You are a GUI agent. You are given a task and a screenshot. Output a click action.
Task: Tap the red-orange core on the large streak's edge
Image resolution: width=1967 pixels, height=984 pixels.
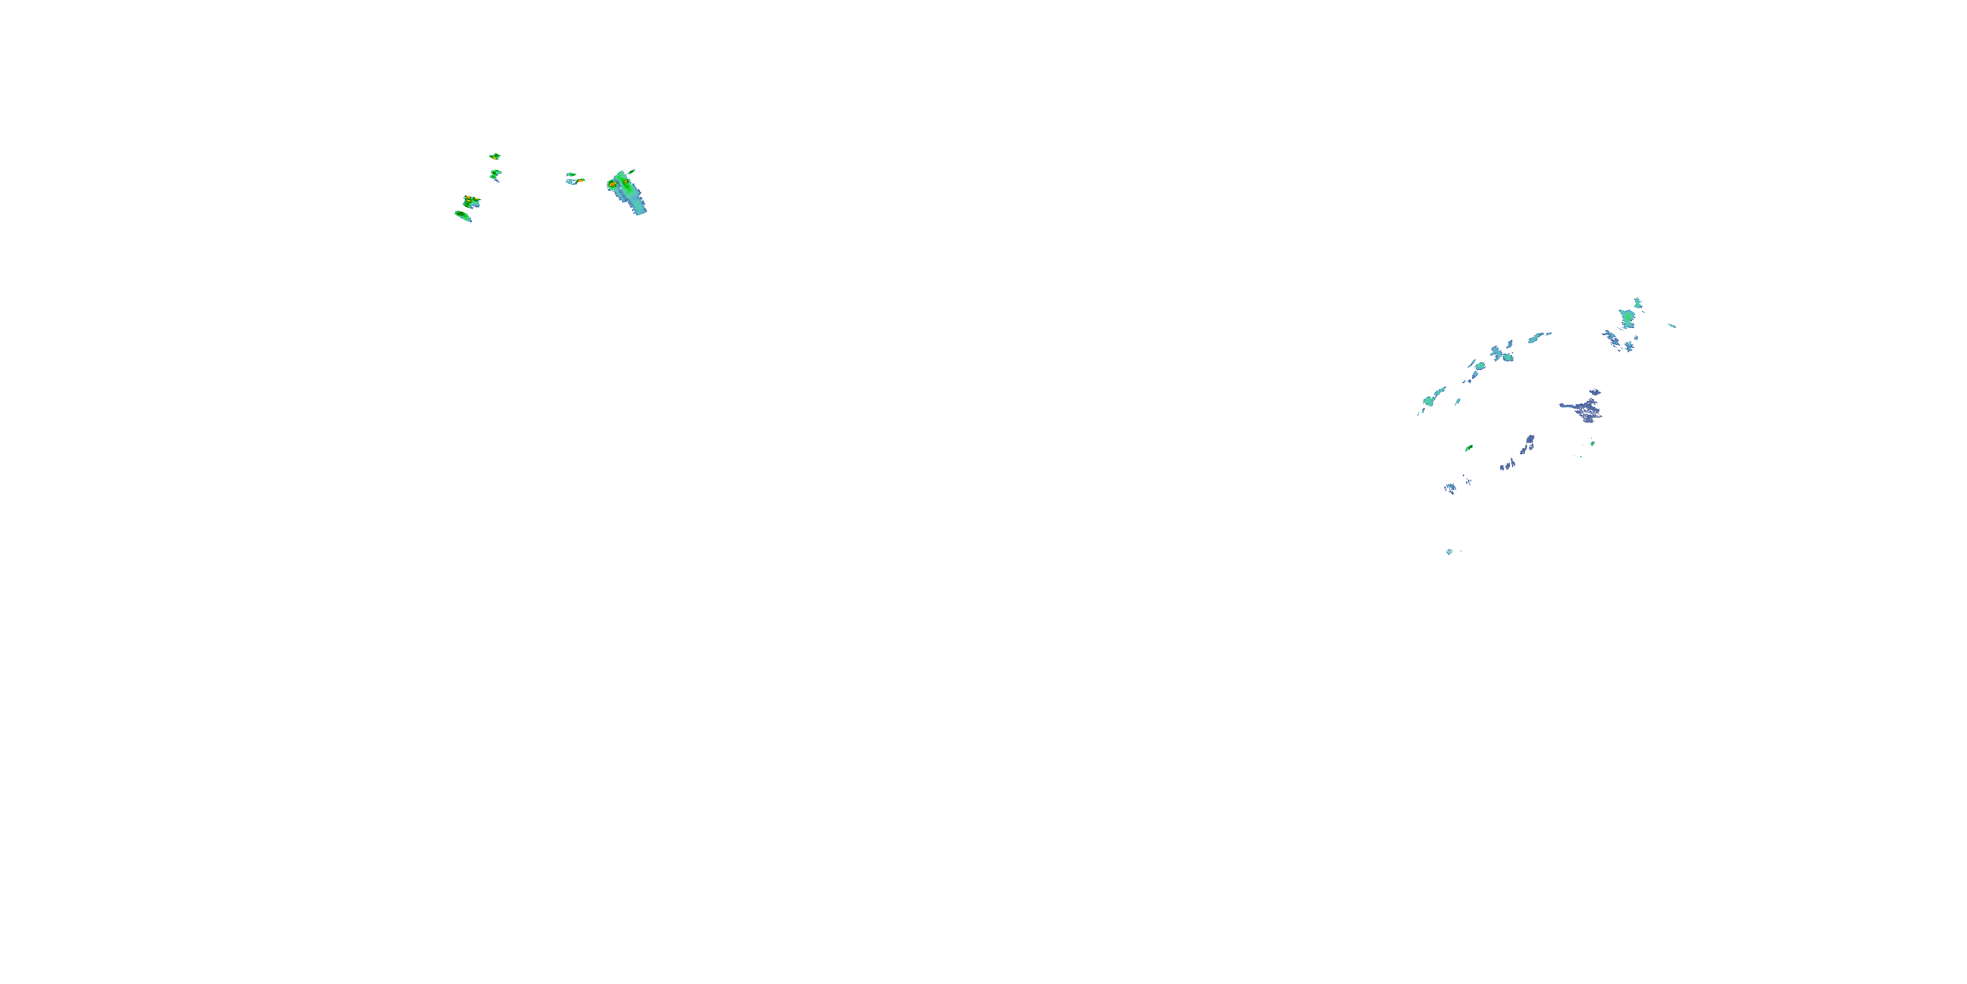point(612,184)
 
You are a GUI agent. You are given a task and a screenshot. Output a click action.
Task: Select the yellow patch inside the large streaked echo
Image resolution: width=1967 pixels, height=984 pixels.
point(626,182)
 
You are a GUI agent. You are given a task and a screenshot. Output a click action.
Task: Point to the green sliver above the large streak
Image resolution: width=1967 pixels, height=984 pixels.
point(631,172)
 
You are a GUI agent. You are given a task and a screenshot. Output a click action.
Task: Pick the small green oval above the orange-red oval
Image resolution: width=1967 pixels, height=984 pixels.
point(570,174)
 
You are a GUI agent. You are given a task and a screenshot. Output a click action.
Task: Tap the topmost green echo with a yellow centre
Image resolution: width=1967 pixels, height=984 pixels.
point(495,156)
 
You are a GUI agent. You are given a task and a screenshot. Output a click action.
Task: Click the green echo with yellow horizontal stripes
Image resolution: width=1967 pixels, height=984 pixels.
point(471,201)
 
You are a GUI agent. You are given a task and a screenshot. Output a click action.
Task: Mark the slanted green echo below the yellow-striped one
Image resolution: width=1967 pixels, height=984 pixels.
point(463,216)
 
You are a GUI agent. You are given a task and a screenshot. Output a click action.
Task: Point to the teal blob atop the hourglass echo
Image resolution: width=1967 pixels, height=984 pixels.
point(1637,302)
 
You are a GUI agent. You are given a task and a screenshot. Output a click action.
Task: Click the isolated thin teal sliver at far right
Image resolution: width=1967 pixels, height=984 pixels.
point(1671,325)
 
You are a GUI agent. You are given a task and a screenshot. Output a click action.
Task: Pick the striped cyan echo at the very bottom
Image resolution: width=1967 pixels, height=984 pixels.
point(1449,552)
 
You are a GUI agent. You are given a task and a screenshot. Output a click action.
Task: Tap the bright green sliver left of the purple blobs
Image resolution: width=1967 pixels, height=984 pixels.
point(1469,447)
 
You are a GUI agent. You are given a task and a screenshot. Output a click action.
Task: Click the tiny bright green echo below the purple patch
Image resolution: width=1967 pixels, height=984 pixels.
point(1592,443)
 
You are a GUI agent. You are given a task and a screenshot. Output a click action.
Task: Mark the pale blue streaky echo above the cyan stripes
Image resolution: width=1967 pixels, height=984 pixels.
point(1450,488)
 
